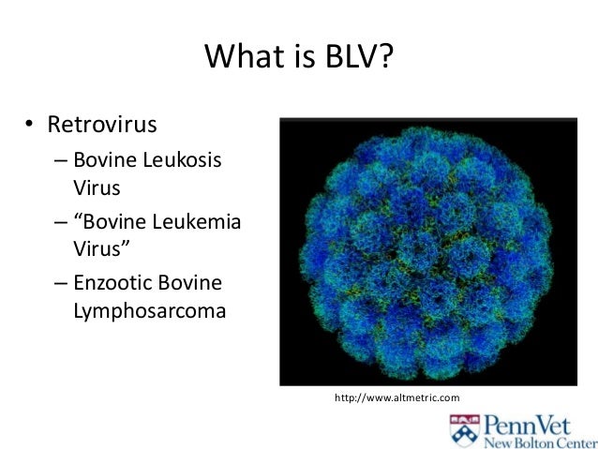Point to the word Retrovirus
[111, 126]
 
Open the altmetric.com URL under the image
[397, 399]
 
